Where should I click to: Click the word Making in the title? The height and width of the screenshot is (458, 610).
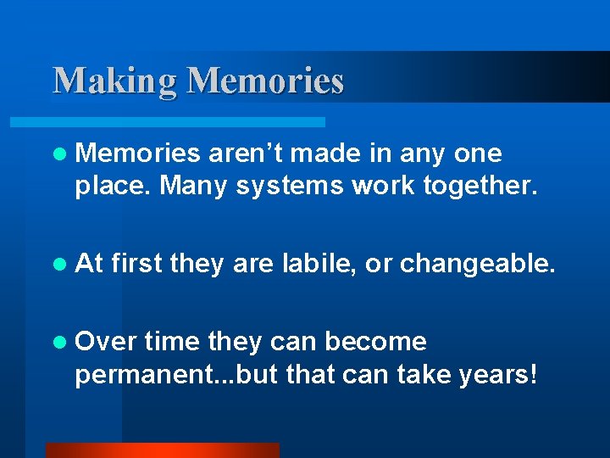tap(115, 81)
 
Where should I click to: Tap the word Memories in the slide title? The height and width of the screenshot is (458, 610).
tap(265, 81)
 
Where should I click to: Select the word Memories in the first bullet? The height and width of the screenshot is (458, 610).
tap(138, 154)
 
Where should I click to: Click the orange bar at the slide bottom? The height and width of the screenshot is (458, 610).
tap(162, 450)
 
